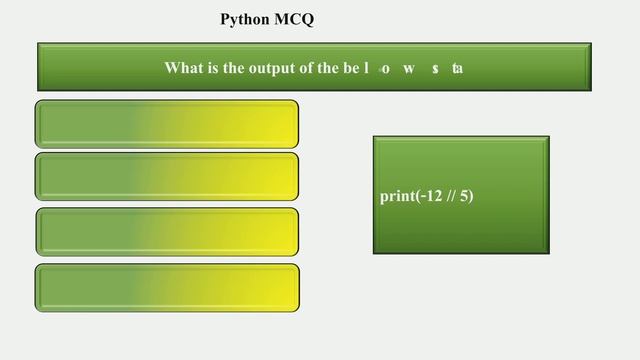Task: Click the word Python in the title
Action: click(245, 20)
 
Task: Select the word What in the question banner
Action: click(184, 68)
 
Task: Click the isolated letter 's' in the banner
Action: click(436, 68)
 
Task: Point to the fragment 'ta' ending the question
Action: click(457, 68)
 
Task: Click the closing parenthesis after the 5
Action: click(471, 196)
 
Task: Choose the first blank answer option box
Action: click(167, 124)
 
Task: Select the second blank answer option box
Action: click(167, 177)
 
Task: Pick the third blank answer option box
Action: click(167, 232)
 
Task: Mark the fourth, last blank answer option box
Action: click(167, 287)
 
